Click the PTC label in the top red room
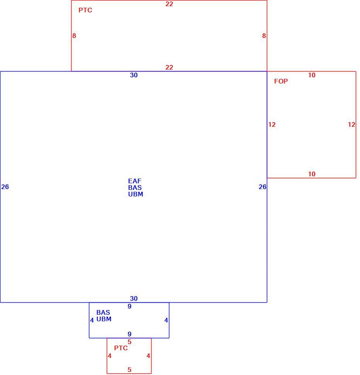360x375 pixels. click(85, 10)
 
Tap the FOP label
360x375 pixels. click(281, 81)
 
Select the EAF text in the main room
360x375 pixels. click(135, 181)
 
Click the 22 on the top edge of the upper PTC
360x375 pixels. click(169, 4)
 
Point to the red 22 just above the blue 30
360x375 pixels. click(169, 67)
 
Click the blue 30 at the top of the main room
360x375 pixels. click(134, 75)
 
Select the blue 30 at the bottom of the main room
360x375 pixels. click(134, 298)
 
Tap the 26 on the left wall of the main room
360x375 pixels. click(5, 187)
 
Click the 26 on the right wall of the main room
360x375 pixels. click(263, 187)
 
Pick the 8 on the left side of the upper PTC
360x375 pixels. click(74, 36)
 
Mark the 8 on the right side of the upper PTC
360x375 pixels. click(264, 36)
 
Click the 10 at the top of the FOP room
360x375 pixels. click(312, 75)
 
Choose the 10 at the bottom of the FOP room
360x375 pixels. click(312, 174)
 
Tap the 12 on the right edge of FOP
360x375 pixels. click(351, 124)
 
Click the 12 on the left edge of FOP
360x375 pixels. click(272, 124)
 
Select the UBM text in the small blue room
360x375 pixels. click(104, 319)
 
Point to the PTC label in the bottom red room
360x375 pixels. click(121, 348)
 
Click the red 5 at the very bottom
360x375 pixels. click(130, 370)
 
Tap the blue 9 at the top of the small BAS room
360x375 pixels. click(130, 306)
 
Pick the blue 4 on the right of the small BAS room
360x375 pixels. click(166, 320)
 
